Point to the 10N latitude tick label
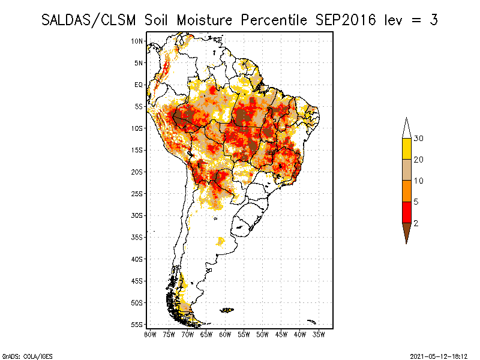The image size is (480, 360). [137, 41]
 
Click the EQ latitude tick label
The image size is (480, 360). [139, 85]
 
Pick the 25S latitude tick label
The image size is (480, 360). [137, 193]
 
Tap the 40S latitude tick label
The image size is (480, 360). [137, 259]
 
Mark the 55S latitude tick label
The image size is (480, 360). [137, 324]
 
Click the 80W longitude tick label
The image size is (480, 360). [150, 334]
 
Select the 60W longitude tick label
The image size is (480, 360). [225, 334]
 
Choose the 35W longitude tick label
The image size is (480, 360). [319, 334]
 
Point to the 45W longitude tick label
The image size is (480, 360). [281, 334]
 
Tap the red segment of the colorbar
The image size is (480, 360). [406, 212]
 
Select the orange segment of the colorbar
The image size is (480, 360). [406, 191]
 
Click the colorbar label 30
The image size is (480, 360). [419, 139]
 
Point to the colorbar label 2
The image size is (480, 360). [416, 223]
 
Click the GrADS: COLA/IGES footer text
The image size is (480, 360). [22, 355]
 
